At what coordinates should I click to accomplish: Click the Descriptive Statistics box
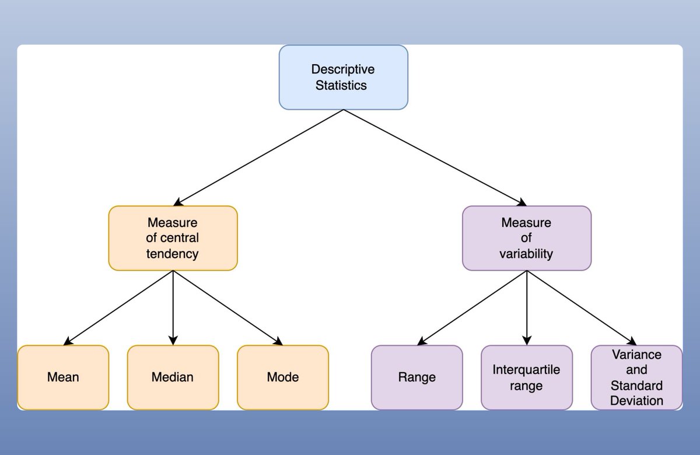[343, 77]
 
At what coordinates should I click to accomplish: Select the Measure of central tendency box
[173, 238]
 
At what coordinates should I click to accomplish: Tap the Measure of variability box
[526, 238]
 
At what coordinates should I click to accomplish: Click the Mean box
[63, 377]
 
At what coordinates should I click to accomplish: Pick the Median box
[173, 377]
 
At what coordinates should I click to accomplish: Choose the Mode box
[282, 377]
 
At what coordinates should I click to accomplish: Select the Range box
[416, 377]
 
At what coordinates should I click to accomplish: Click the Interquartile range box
[526, 377]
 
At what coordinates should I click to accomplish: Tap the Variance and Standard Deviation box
[636, 377]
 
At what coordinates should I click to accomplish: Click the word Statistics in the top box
[341, 85]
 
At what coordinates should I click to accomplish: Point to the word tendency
[173, 254]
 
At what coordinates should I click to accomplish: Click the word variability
[526, 254]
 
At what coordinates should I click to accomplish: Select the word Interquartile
[526, 370]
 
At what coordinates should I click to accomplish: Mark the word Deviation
[636, 401]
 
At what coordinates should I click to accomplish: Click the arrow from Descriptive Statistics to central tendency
[257, 157]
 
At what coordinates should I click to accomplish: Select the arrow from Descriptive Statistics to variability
[435, 157]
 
